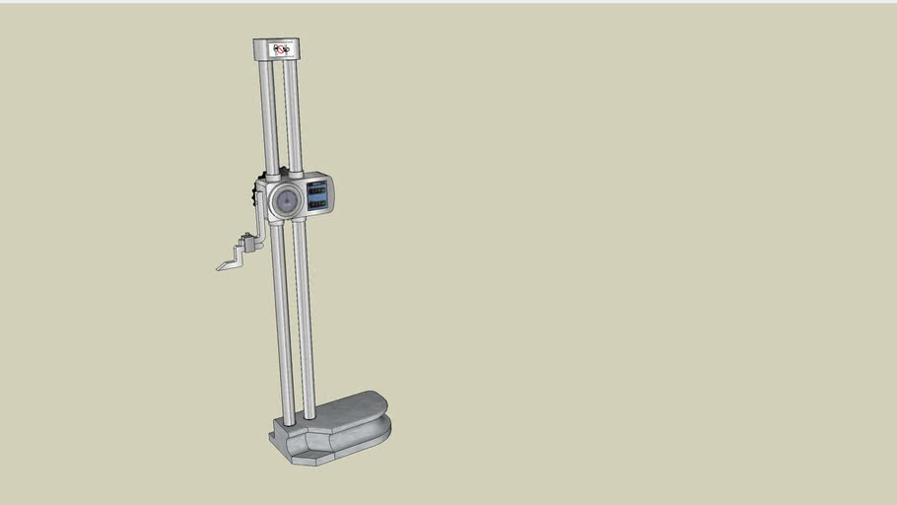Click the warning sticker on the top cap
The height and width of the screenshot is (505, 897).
pyautogui.click(x=283, y=48)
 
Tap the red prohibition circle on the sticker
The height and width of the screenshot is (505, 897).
pyautogui.click(x=280, y=48)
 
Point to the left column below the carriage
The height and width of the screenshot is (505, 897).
pyautogui.click(x=282, y=325)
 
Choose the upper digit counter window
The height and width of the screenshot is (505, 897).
pyautogui.click(x=317, y=190)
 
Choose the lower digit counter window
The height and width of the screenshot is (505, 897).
pyautogui.click(x=318, y=204)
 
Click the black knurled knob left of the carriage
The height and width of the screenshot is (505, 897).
pyautogui.click(x=255, y=199)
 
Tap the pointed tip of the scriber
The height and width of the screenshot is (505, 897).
pyautogui.click(x=218, y=267)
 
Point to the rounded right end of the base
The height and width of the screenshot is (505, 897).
pyautogui.click(x=382, y=414)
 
